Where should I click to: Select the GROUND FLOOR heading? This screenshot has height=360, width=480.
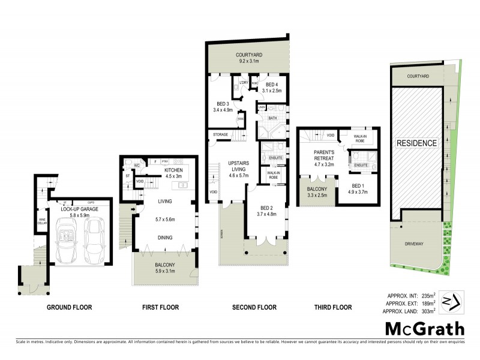tap(69, 307)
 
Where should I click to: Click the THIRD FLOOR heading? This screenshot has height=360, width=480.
tap(333, 307)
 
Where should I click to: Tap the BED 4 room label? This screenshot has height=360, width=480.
tap(272, 87)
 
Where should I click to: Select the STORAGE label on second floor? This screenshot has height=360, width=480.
tap(220, 134)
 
